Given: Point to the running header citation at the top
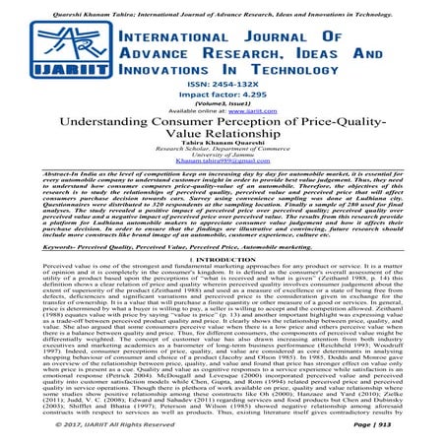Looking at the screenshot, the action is [223, 6].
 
